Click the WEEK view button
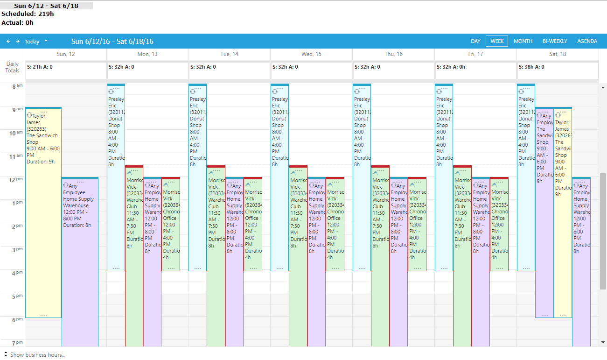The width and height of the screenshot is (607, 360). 497,41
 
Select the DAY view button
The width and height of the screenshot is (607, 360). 475,41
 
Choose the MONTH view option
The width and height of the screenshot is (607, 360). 523,41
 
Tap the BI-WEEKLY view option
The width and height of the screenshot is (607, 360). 555,41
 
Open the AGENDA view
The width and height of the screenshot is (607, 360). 587,41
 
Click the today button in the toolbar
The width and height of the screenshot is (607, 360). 32,42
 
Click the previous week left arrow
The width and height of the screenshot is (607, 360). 8,41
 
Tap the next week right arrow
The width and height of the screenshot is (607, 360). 18,41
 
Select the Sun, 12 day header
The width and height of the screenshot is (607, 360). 66,54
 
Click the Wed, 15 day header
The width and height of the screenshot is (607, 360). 311,54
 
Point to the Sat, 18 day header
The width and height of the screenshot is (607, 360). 558,54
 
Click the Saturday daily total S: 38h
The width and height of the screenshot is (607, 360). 531,67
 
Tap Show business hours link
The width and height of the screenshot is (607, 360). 37,355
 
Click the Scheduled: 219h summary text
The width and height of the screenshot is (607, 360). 28,14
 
